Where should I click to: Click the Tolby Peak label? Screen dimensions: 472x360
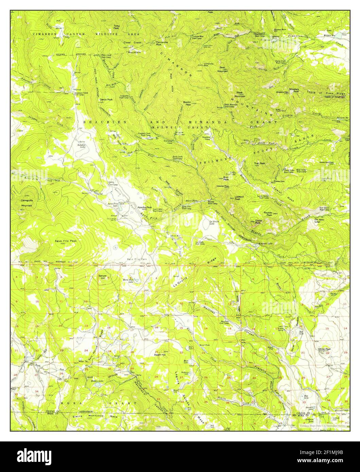tap(116, 27)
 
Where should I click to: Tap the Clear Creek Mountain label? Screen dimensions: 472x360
tap(134, 48)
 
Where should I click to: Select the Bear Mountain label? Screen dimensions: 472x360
tap(223, 70)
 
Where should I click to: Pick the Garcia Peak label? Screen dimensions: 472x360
tap(106, 99)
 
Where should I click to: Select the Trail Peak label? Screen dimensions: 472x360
tap(260, 163)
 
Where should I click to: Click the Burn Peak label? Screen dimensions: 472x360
tap(226, 178)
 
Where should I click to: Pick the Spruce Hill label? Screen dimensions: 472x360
tap(102, 276)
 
